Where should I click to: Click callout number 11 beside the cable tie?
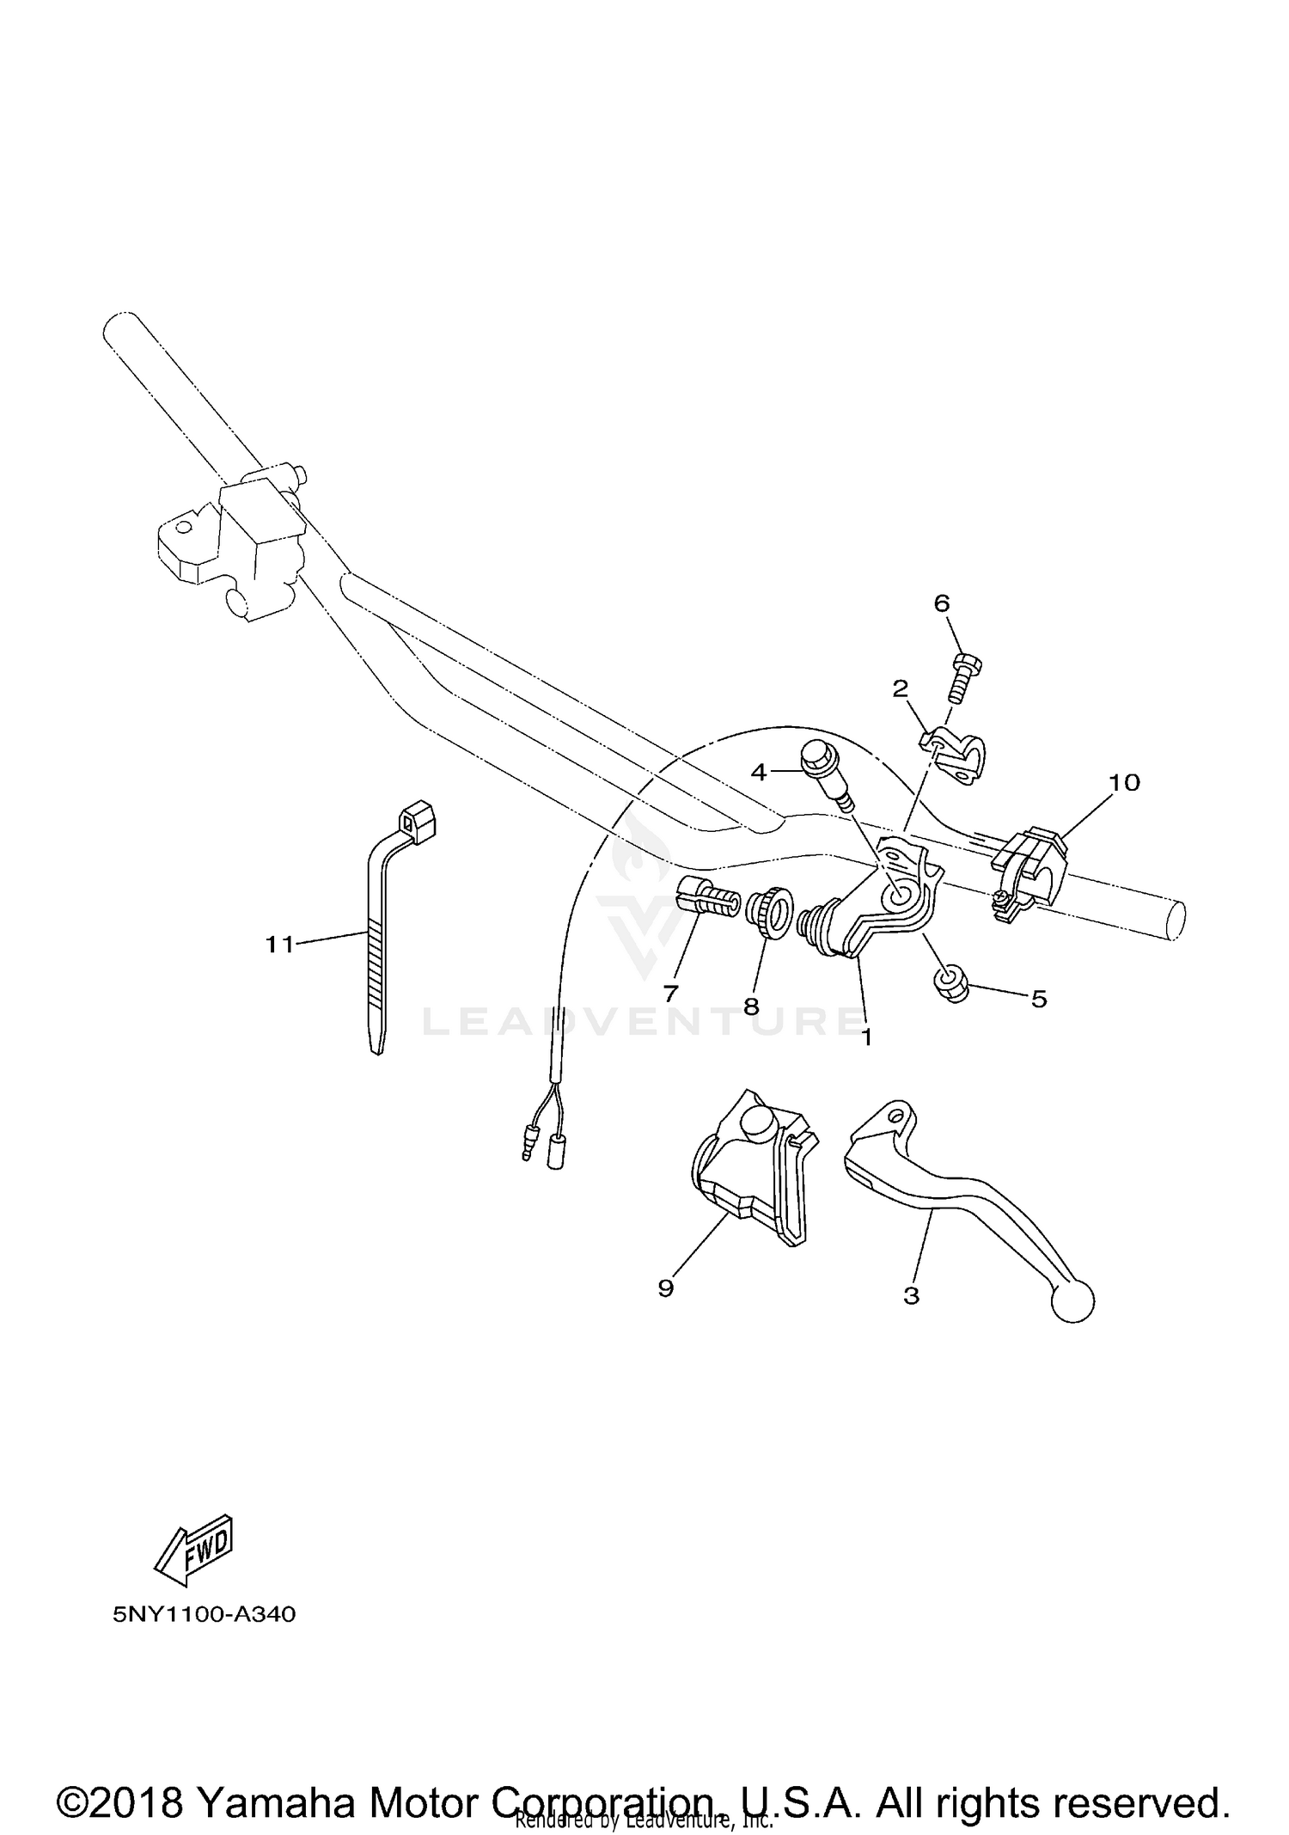pyautogui.click(x=279, y=945)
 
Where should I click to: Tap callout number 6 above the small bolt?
pyautogui.click(x=942, y=603)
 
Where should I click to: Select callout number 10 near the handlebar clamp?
pyautogui.click(x=1124, y=782)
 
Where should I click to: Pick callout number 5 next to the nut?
pyautogui.click(x=1039, y=999)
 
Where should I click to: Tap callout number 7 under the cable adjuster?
pyautogui.click(x=670, y=993)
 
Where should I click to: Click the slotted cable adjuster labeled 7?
pyautogui.click(x=709, y=898)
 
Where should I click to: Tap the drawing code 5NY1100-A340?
pyautogui.click(x=205, y=1614)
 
